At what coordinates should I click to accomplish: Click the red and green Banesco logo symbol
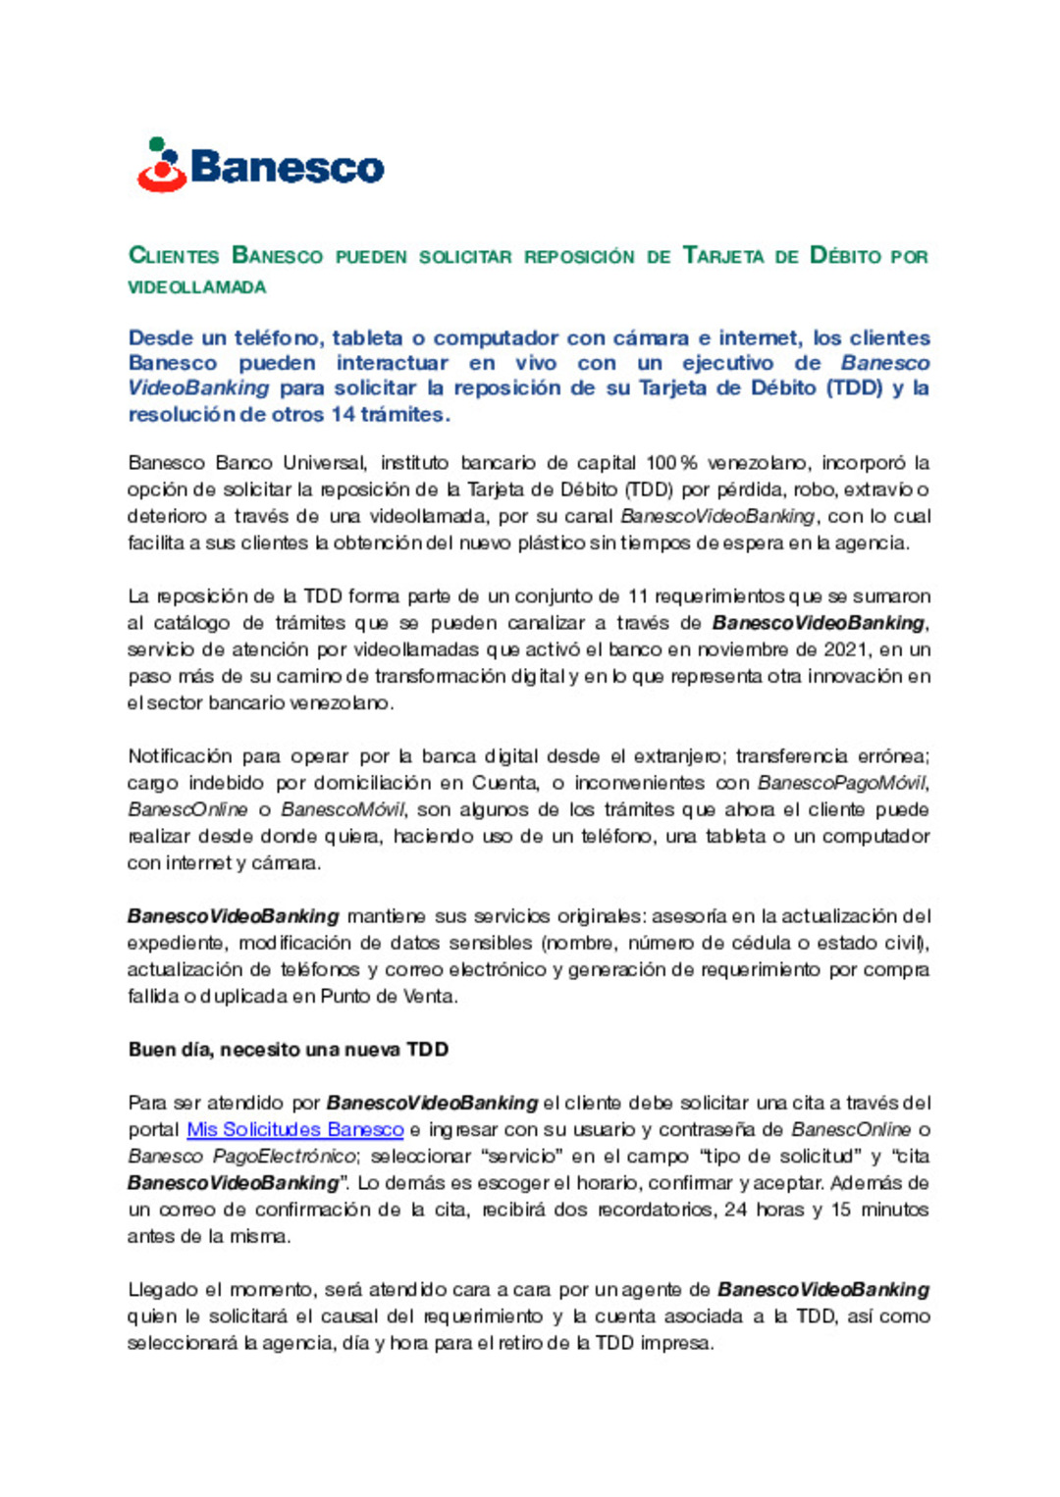click(x=162, y=165)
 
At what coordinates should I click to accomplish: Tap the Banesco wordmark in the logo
click(x=288, y=167)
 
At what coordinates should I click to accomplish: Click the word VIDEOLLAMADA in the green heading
click(x=197, y=287)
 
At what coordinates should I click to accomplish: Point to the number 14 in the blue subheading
click(x=343, y=414)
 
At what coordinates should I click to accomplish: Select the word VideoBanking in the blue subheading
click(x=198, y=388)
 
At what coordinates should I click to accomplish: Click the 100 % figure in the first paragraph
click(x=671, y=463)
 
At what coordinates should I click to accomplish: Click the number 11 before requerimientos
click(x=638, y=596)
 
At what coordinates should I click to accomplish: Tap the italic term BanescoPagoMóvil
click(x=841, y=783)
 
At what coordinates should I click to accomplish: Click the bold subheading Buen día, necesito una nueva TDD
click(x=288, y=1050)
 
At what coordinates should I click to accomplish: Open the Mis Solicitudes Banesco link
click(x=295, y=1130)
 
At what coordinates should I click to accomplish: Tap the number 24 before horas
click(x=735, y=1210)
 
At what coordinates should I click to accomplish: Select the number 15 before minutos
click(x=841, y=1210)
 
